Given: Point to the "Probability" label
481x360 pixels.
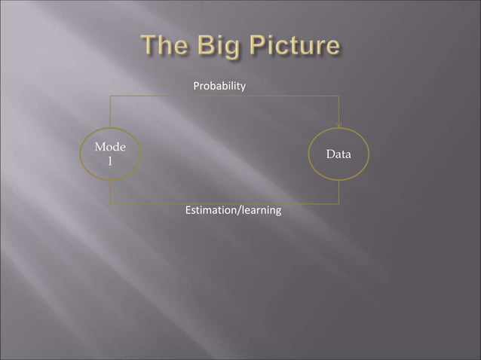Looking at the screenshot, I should coord(219,87).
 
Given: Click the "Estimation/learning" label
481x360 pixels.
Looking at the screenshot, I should coord(233,210).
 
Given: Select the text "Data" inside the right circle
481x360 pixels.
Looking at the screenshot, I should coord(339,154).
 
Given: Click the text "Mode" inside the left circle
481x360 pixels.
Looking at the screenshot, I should coord(110,148).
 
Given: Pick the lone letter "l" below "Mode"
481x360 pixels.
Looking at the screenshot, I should coord(110,162).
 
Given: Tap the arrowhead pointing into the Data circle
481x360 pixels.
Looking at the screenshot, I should coord(339,124).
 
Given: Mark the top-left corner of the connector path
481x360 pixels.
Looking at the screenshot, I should coord(110,96).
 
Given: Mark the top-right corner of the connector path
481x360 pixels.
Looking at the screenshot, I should coord(339,96).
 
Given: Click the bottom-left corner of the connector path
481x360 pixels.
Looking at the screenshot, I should coord(110,204).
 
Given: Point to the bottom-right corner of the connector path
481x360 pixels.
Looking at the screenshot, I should coord(339,204).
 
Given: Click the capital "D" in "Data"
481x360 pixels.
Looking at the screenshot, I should coord(329,154).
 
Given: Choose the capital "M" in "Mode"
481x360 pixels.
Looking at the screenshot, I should coord(100,148).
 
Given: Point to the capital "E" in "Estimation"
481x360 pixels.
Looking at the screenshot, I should coord(188,210).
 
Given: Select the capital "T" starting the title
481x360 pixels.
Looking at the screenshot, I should coord(148,47).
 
